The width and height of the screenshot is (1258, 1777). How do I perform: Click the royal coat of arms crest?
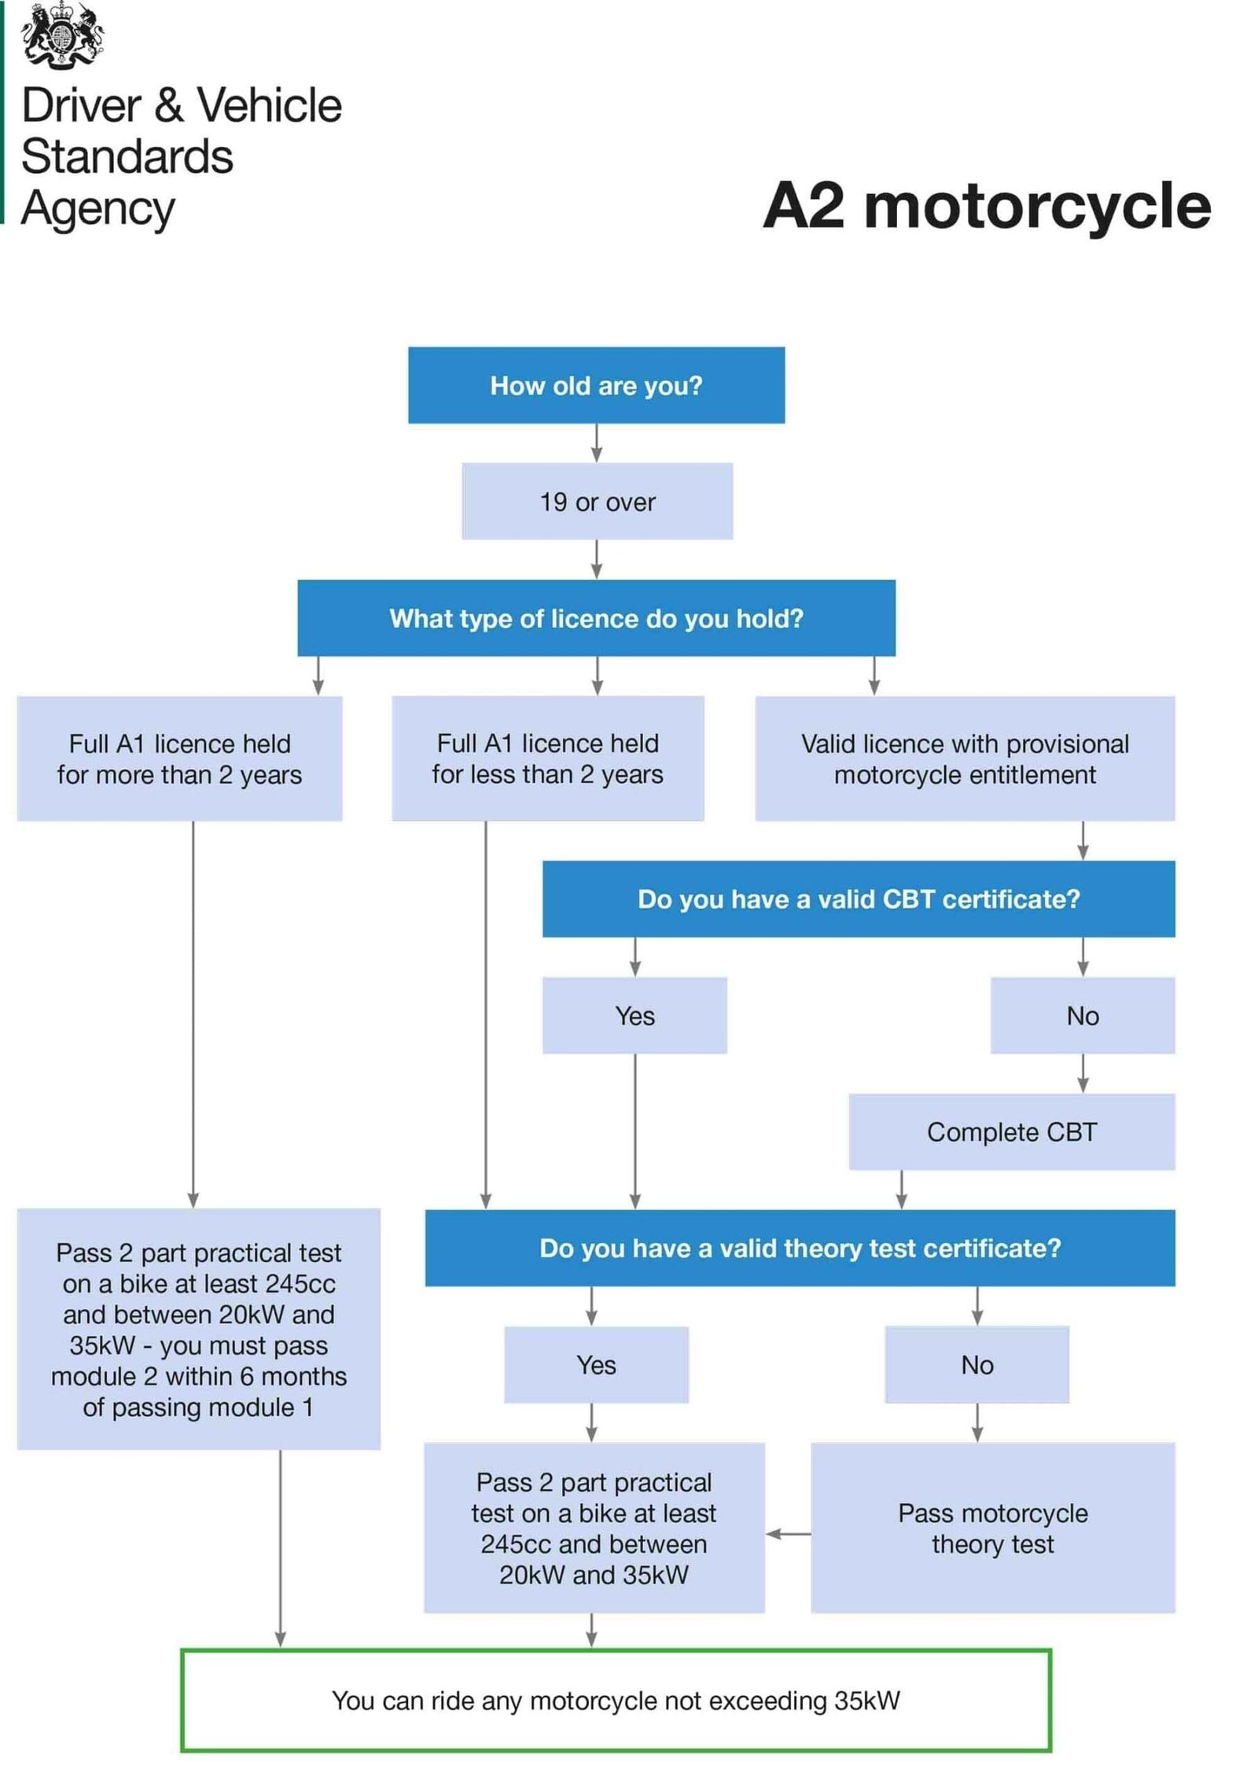63,35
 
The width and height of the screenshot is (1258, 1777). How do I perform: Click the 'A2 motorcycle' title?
986,206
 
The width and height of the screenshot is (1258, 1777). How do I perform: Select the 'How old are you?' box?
595,385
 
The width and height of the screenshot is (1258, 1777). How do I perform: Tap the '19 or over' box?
597,502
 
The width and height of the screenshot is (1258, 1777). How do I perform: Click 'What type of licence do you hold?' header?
595,618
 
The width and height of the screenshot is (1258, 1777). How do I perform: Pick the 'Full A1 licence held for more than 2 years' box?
179,759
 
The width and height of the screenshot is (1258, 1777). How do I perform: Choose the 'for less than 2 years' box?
547,759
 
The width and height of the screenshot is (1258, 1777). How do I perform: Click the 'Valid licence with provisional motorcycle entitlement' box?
964,759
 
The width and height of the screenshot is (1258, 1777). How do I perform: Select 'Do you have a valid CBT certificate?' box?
858,899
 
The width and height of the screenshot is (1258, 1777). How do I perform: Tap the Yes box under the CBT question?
634,1015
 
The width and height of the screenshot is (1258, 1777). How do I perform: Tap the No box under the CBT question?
1082,1015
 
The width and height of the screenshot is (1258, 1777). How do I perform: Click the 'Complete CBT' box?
1011,1131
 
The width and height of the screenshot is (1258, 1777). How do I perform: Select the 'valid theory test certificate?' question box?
800,1248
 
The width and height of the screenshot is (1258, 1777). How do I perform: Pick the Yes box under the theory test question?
595,1364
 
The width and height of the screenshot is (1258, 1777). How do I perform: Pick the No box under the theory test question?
977,1364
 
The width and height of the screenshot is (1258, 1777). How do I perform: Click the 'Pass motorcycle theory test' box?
992,1528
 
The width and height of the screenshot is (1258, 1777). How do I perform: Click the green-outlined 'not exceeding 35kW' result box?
615,1700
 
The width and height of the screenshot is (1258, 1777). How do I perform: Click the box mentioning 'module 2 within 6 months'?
198,1329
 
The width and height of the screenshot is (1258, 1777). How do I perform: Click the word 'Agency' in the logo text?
97,209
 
